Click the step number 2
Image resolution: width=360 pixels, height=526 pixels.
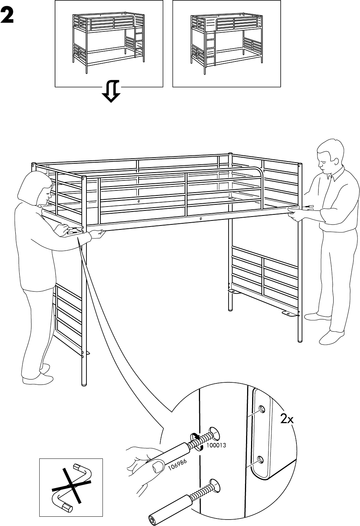coord(7,15)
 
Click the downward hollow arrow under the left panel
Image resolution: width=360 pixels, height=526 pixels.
coord(111,91)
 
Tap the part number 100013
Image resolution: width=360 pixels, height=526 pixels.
coord(216,446)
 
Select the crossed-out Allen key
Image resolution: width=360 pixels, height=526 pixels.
coord(71,487)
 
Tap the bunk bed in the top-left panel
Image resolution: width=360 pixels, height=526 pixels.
coord(109,43)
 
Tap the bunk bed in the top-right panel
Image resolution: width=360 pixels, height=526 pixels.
coord(226,43)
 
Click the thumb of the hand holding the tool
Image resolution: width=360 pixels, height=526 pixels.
coord(156,466)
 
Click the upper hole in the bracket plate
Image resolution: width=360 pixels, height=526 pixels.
coord(262,408)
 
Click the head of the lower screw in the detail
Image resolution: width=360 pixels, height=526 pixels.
coord(214,485)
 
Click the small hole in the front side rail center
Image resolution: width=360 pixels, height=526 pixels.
coord(201,218)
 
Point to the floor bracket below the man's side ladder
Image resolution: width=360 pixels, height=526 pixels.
coord(290,314)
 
